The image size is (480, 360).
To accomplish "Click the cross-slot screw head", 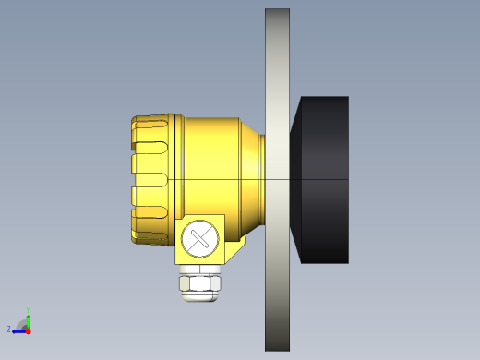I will tap(199, 239).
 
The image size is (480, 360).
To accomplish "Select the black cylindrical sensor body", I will tap(324, 179).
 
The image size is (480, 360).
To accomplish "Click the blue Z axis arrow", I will tap(19, 330).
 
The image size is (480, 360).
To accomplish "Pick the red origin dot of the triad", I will tap(29, 329).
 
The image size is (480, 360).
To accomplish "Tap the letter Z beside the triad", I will tap(9, 329).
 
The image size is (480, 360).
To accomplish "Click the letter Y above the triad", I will tap(29, 310).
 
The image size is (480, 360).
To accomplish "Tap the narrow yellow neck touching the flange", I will tap(260, 179).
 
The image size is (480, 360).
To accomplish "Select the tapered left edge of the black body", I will tap(296, 179).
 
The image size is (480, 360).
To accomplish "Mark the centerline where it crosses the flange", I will tap(277, 179).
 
